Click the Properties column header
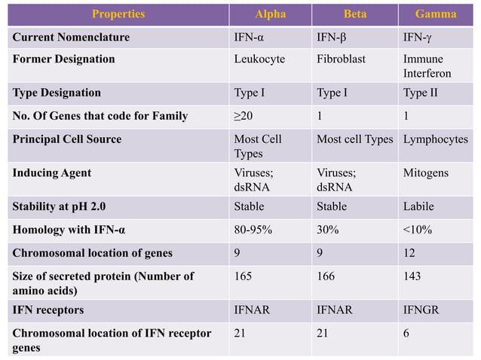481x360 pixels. click(118, 14)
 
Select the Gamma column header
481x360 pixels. click(436, 14)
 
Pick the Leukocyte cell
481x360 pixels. click(259, 59)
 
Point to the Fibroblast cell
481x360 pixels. click(342, 59)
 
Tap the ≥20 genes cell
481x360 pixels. click(244, 116)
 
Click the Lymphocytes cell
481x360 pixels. click(435, 139)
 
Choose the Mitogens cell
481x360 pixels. click(426, 172)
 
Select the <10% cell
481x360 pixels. click(418, 230)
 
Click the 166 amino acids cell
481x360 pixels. click(326, 276)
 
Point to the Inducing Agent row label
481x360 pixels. click(51, 172)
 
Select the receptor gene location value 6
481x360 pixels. click(407, 332)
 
